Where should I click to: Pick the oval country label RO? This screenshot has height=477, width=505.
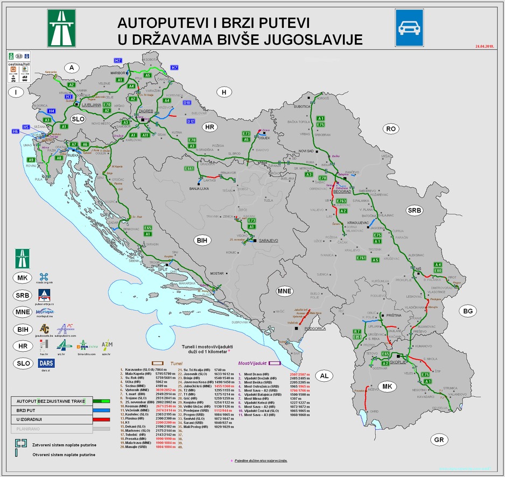(390, 129)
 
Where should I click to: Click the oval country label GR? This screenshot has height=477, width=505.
(439, 439)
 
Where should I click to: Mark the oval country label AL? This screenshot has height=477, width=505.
(324, 375)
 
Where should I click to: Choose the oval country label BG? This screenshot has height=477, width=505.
(467, 311)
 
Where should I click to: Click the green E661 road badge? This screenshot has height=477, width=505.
(189, 168)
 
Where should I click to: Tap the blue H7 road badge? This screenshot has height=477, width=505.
(174, 68)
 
